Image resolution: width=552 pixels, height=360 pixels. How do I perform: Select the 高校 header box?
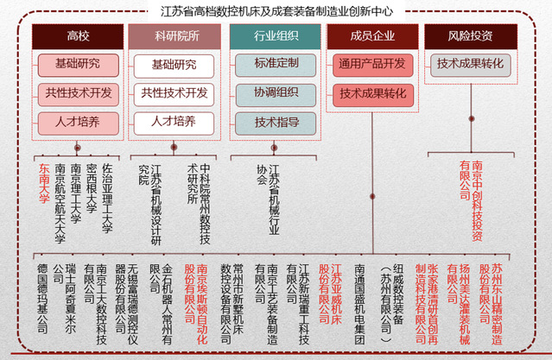77,36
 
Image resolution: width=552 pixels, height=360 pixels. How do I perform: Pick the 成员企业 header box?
371,36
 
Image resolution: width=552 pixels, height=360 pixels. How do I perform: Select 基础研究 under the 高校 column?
77,65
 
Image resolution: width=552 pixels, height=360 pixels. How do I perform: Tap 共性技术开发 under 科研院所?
174,93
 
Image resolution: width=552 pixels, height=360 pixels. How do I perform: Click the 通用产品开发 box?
372,65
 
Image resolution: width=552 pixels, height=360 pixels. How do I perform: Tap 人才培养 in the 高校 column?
77,122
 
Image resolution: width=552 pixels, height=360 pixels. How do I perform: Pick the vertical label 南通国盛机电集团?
359,304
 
